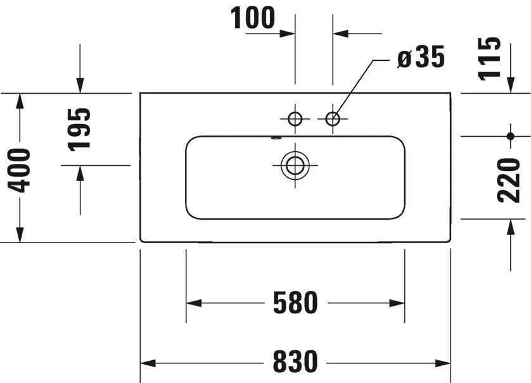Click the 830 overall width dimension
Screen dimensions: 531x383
click(x=295, y=361)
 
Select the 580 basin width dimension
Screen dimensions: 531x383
click(x=295, y=303)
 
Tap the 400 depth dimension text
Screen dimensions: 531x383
click(x=19, y=170)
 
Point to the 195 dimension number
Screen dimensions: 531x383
click(x=80, y=129)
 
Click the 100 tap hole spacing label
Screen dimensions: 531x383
click(x=253, y=18)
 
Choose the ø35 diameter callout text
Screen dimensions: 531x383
click(x=421, y=57)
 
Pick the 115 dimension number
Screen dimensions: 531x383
click(x=489, y=59)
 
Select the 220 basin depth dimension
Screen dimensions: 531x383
click(x=508, y=180)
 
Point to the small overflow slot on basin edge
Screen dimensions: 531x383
click(x=276, y=138)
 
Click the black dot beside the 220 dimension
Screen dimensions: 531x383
click(x=511, y=136)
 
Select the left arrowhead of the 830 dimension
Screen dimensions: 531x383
click(x=148, y=363)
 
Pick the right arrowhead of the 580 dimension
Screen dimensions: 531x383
click(x=397, y=303)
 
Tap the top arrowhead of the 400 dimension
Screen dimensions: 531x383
click(x=20, y=101)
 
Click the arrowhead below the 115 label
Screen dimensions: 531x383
click(x=511, y=85)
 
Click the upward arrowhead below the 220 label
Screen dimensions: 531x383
click(x=511, y=227)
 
